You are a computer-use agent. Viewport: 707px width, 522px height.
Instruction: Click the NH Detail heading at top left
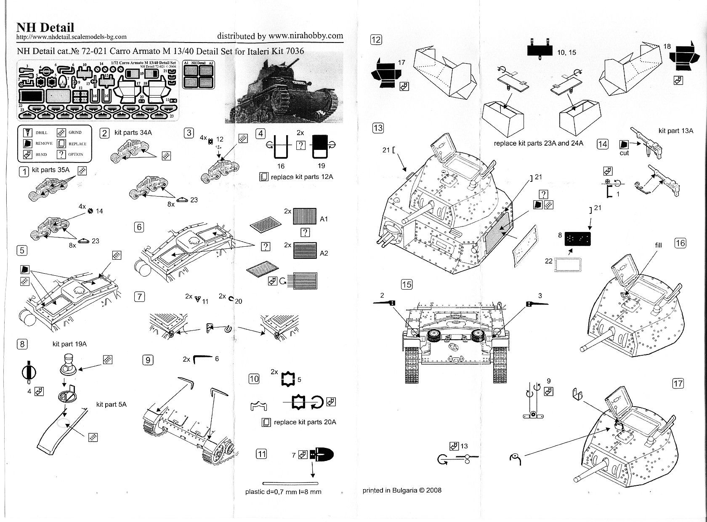pos(45,27)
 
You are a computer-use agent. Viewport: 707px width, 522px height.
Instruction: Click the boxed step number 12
pos(376,40)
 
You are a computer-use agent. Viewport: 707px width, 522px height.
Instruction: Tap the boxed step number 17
pos(678,384)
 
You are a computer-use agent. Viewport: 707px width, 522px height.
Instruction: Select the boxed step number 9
pos(148,360)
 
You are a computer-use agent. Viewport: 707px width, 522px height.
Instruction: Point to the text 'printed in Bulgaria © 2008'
pos(402,490)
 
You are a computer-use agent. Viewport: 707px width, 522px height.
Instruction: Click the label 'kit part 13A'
pos(675,131)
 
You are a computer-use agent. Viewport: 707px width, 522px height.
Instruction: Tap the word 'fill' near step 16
pos(658,245)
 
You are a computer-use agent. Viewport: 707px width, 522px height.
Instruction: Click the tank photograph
pos(288,91)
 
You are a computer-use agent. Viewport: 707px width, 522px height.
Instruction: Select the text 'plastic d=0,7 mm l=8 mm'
pos(283,492)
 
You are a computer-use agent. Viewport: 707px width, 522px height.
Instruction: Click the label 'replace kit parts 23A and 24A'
pos(538,143)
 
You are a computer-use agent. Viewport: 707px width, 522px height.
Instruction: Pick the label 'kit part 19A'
pos(69,344)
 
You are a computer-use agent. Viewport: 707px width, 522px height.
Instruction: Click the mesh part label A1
pos(324,219)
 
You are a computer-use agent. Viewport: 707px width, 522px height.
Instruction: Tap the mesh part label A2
pos(324,253)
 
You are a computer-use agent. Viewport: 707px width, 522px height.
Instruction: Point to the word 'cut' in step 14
pos(624,153)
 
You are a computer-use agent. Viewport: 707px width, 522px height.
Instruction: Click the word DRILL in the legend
pos(42,133)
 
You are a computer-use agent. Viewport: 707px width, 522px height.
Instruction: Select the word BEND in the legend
pos(41,154)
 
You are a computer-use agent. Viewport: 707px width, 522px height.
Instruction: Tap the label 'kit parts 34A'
pos(133,133)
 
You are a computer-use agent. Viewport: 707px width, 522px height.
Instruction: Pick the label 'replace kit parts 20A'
pos(305,422)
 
